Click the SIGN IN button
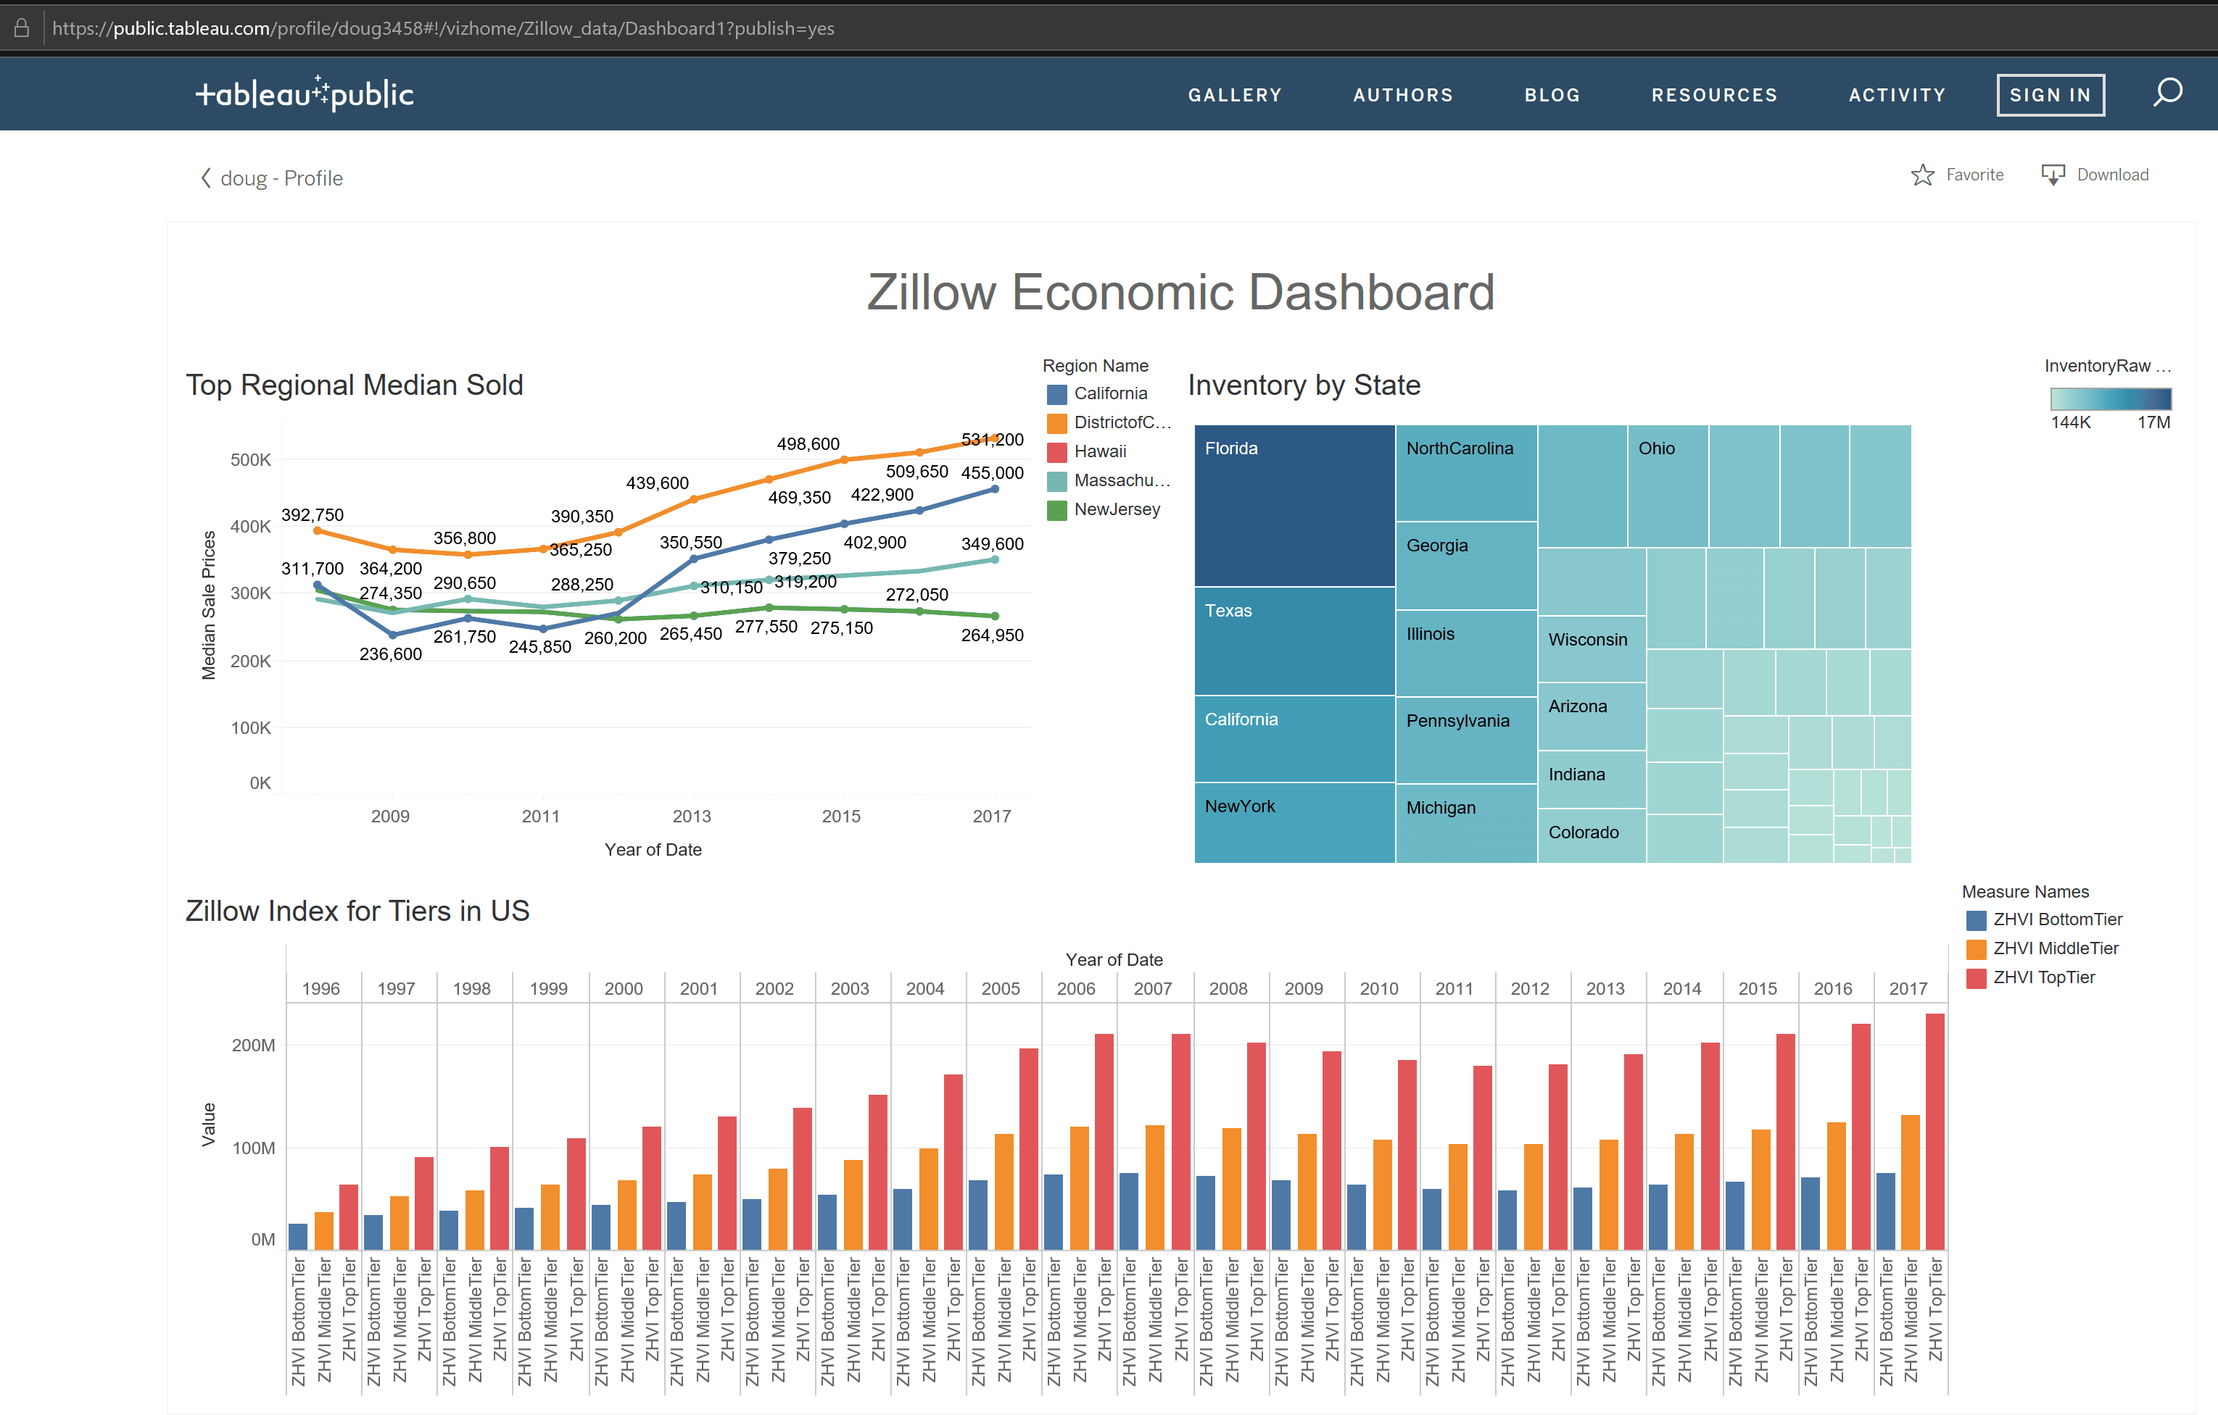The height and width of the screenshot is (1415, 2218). tap(2050, 95)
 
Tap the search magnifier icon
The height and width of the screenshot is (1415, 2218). tap(2167, 93)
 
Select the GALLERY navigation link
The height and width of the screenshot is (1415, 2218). tap(1234, 95)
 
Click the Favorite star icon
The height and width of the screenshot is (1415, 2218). tap(1921, 175)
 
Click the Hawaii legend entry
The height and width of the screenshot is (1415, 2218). tap(1099, 451)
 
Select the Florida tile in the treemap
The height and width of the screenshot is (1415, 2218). tap(1294, 504)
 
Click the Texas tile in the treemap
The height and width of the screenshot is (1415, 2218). tap(1294, 640)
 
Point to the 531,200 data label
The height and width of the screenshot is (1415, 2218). tap(992, 439)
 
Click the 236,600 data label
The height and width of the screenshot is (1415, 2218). tap(391, 654)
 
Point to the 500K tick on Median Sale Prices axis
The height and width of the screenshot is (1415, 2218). tap(251, 459)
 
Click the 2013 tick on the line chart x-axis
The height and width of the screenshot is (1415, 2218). tap(692, 816)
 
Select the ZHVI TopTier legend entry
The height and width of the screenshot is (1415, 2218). tap(2043, 977)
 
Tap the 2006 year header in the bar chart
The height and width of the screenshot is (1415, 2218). tap(1076, 988)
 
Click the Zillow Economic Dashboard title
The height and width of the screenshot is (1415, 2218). tap(1180, 292)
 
